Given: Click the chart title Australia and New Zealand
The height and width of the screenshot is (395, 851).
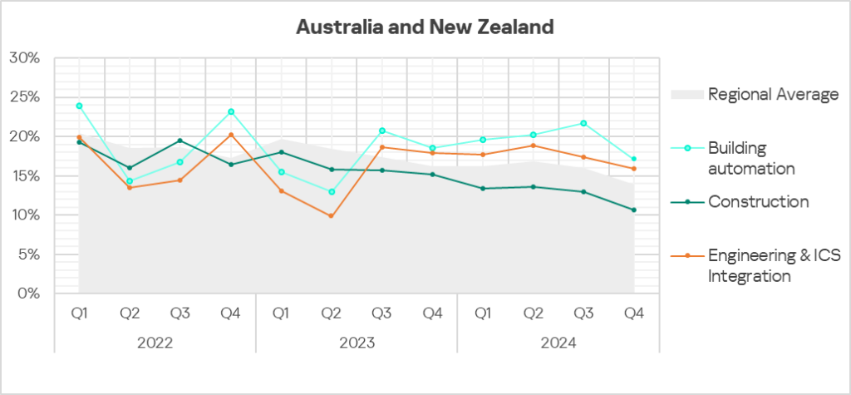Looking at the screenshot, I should tap(425, 27).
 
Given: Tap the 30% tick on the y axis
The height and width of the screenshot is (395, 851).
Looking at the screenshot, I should tap(24, 58).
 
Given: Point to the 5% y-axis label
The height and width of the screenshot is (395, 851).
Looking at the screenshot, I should tap(27, 254).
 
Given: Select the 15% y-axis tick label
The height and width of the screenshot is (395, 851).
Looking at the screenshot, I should tap(24, 176).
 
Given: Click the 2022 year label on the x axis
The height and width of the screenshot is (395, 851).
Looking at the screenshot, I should tap(155, 343).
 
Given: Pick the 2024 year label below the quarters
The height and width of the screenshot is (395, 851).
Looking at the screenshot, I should tap(558, 343).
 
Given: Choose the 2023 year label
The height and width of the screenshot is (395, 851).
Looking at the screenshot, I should tap(357, 343).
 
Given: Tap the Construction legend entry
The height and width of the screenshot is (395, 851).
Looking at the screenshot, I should tap(757, 201).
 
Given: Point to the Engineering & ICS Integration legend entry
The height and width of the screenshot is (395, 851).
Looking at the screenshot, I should tap(773, 266).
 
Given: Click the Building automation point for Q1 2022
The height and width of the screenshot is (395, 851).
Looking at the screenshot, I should tap(79, 106).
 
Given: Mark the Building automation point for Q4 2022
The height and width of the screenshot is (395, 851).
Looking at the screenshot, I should tap(230, 111).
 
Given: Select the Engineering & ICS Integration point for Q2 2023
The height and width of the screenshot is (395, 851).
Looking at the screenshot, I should tap(332, 216).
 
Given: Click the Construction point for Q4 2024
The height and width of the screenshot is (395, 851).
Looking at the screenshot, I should tap(634, 210).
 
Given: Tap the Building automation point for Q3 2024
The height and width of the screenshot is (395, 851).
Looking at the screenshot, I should tap(583, 123).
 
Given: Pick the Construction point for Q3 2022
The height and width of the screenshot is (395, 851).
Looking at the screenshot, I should tap(180, 141).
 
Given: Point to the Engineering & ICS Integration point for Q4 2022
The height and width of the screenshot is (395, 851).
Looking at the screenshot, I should tap(230, 135).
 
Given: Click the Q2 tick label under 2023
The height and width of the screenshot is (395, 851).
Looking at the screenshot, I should tap(332, 314).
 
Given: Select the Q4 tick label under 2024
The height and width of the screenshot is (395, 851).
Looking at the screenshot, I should tap(634, 314).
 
